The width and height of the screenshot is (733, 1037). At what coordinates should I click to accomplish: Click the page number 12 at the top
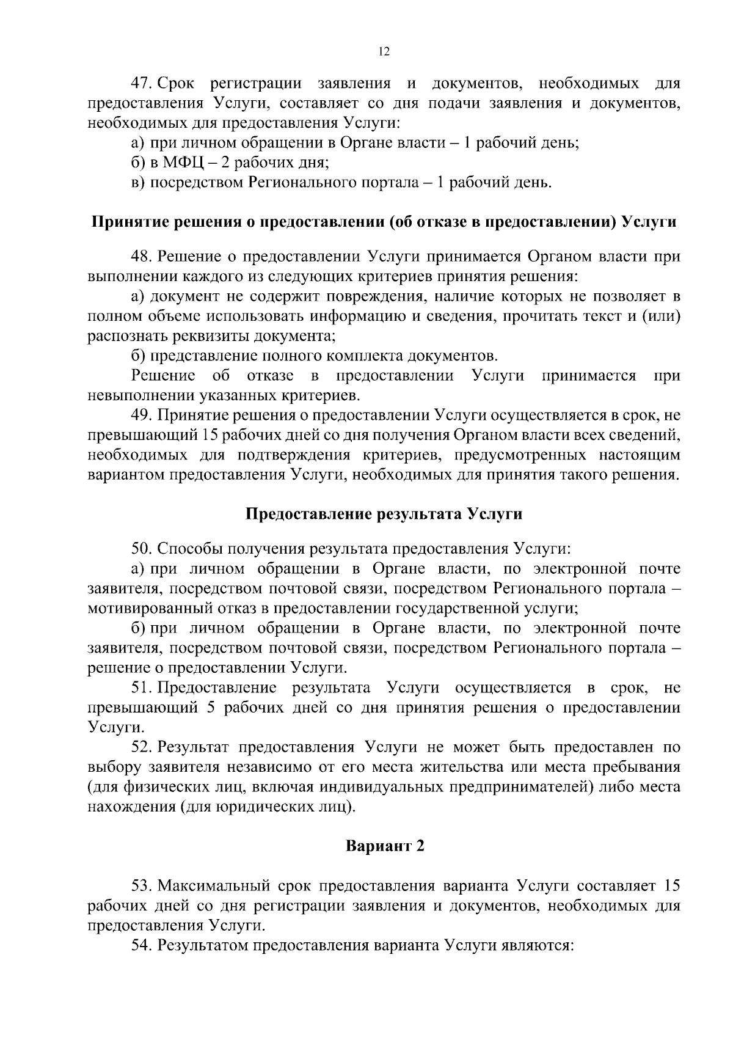384,52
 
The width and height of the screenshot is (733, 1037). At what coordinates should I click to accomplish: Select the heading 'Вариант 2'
384,846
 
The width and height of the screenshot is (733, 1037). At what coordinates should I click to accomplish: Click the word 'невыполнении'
140,395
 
